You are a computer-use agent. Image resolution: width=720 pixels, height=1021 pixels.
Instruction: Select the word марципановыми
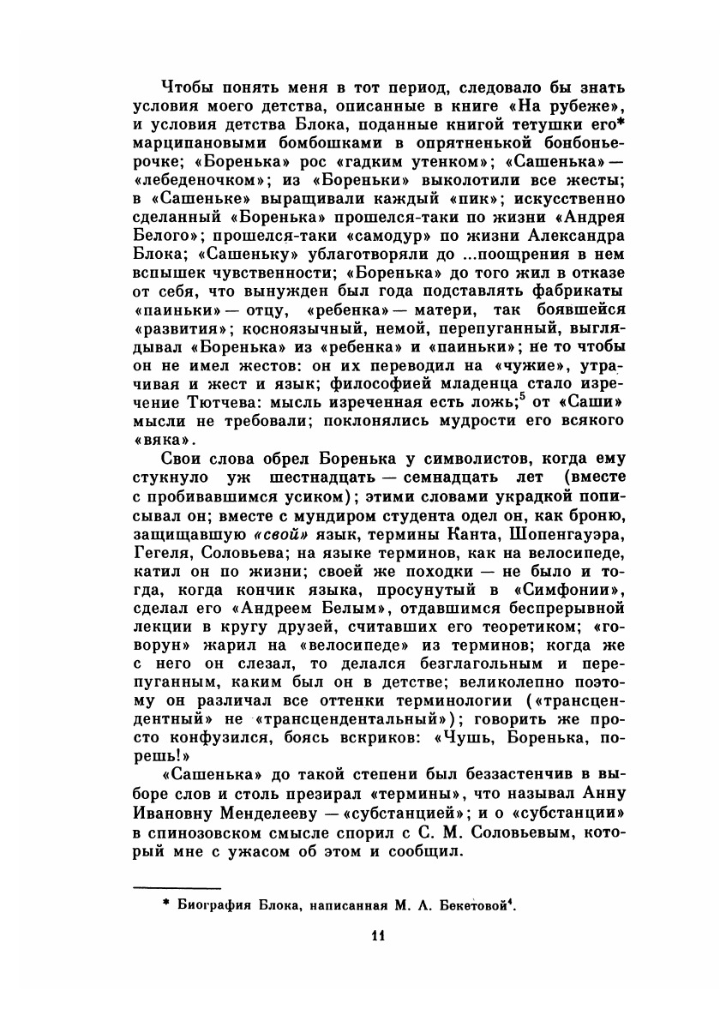[x=194, y=142]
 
